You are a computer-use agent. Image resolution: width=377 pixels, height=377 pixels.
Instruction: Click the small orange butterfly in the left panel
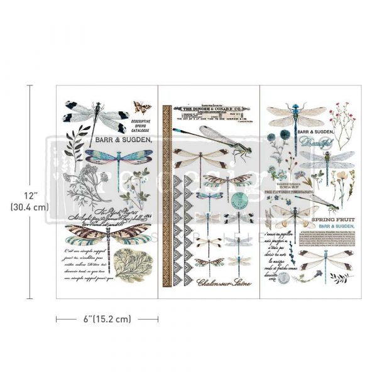point(148,107)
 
